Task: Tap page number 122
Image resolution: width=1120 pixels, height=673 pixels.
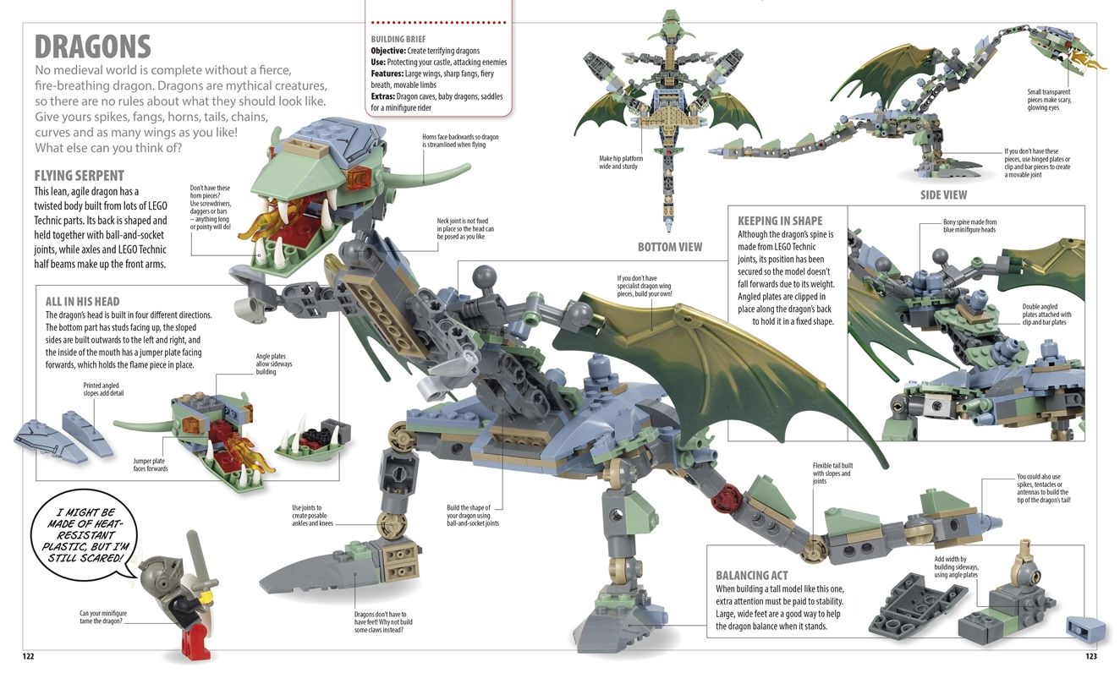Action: click(28, 656)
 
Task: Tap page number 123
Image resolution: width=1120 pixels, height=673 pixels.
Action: click(1090, 656)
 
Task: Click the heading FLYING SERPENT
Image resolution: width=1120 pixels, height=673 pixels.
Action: click(79, 176)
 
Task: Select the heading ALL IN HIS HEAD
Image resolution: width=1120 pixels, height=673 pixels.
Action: click(82, 301)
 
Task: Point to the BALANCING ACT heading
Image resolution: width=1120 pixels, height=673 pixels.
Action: click(751, 575)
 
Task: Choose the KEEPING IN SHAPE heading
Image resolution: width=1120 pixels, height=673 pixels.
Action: click(779, 220)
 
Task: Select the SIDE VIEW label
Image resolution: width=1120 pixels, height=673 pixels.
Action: click(943, 195)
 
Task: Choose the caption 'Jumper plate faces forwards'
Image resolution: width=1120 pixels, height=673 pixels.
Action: click(151, 464)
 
